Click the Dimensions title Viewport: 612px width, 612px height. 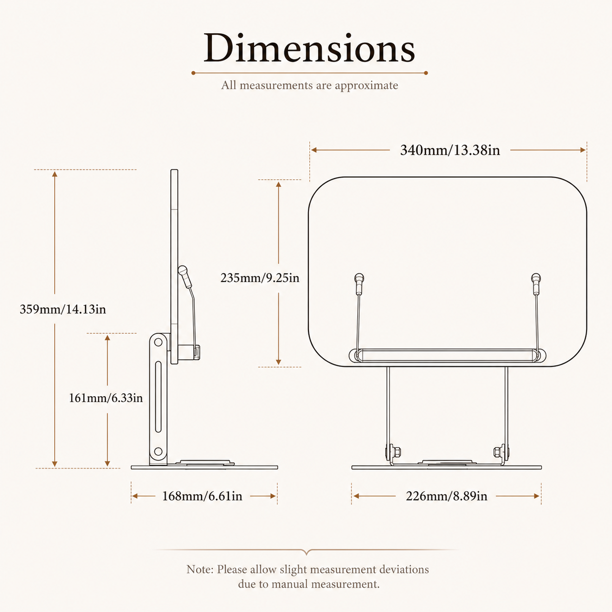[309, 48]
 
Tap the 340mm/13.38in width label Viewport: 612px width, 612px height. [450, 150]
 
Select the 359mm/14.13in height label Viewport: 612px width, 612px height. [63, 309]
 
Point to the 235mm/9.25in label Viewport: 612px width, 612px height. [260, 278]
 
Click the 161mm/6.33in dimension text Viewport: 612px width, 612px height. [106, 398]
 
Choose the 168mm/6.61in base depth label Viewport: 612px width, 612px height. [203, 496]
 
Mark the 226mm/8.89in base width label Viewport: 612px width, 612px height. [447, 496]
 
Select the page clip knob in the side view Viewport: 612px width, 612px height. [183, 271]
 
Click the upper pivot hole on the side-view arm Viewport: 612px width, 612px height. [158, 343]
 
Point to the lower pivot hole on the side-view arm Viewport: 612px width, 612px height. [158, 451]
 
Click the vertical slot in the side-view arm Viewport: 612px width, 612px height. [158, 397]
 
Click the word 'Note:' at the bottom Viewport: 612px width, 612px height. [200, 570]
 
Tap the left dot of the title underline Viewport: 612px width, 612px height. [193, 73]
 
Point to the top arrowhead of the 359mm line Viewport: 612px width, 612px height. [55, 174]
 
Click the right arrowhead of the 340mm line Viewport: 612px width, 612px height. [583, 150]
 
